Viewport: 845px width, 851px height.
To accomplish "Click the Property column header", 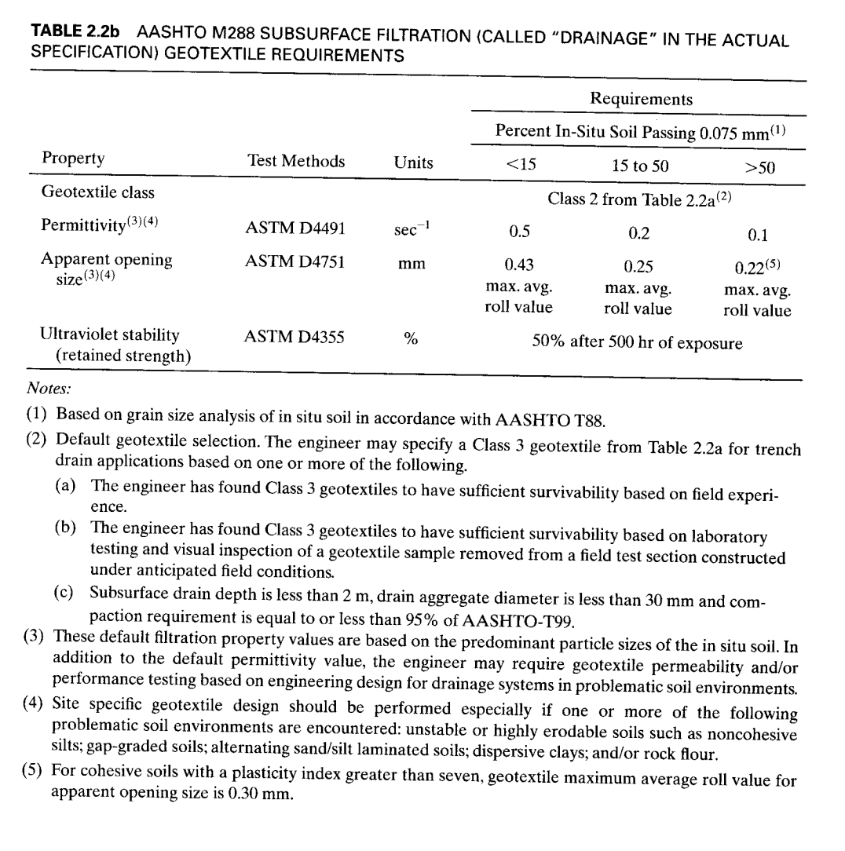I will pos(72,159).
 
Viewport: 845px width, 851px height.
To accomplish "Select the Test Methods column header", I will pos(296,162).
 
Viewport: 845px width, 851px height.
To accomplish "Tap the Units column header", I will pos(413,163).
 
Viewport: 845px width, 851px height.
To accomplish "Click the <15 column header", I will pos(518,166).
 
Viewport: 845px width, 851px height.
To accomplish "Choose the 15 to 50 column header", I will pos(640,166).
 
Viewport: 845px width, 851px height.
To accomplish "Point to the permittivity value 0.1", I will pos(759,234).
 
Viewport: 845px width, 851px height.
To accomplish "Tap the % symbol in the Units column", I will pos(410,339).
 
